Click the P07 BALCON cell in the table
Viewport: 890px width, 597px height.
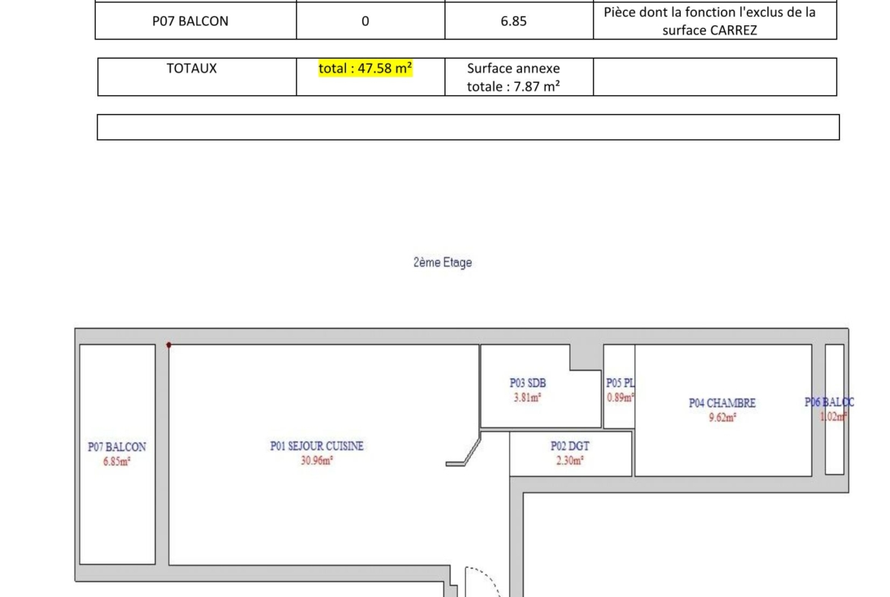[190, 21]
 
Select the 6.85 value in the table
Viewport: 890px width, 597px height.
[513, 21]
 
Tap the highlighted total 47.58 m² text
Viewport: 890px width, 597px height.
[365, 68]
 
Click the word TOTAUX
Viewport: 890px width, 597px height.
[191, 68]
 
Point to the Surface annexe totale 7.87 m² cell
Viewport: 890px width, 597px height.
[513, 77]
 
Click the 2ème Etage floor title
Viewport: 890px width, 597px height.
[443, 262]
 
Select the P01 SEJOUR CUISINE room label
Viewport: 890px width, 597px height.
[316, 446]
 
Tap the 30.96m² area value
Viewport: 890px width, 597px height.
[316, 460]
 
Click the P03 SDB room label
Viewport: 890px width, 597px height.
[527, 383]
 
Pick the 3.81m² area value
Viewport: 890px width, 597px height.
[527, 397]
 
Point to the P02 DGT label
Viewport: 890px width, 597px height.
[570, 446]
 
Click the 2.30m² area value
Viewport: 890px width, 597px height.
[569, 460]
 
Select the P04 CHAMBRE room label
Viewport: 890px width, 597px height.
[722, 403]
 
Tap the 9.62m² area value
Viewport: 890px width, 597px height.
[722, 417]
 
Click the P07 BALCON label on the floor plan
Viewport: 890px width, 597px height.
[117, 446]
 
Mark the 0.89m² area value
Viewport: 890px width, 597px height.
[620, 397]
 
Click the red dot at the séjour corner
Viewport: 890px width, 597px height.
[169, 345]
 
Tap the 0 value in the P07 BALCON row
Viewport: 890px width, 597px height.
[365, 21]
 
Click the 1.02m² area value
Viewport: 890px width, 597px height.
[833, 417]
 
